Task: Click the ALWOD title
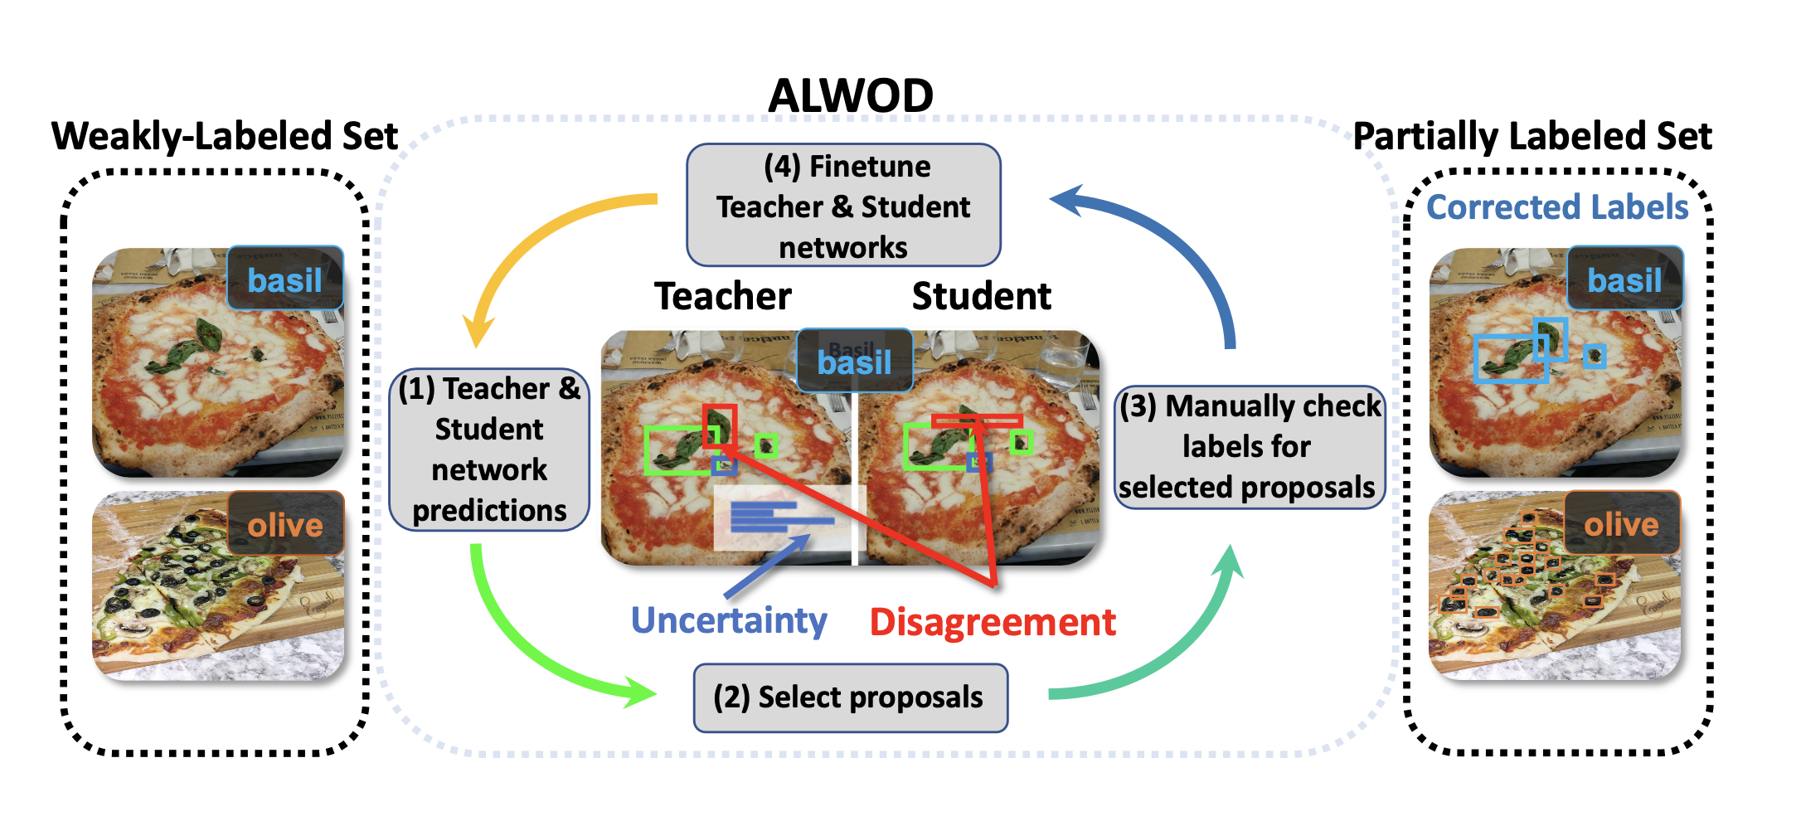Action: tap(851, 96)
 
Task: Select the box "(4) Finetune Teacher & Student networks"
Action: tap(843, 206)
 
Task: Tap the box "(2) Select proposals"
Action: tap(850, 697)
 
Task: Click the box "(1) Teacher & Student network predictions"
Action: tap(489, 449)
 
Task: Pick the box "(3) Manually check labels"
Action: tap(1248, 447)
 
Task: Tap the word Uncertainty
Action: tap(729, 620)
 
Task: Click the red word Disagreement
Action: tap(993, 622)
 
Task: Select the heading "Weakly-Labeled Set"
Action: tap(225, 136)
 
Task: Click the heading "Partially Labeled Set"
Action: tap(1532, 136)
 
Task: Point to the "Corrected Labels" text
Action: tap(1557, 207)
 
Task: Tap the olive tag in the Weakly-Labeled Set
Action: tap(285, 524)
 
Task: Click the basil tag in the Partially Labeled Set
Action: tap(1624, 279)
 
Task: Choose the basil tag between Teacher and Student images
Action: tap(854, 362)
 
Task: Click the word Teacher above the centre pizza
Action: tap(722, 296)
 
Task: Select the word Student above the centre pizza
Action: tap(981, 296)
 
